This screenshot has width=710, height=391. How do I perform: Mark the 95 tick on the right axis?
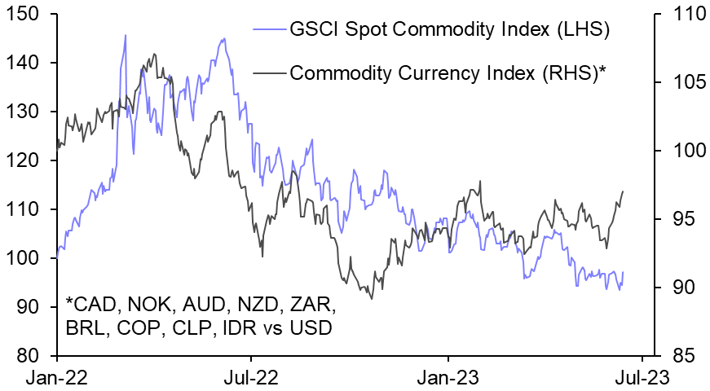pos(683,219)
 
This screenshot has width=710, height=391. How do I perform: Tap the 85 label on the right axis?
pos(683,356)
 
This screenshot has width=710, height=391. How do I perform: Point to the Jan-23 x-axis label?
pos(448,378)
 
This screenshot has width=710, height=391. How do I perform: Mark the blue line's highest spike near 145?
pos(125,35)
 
